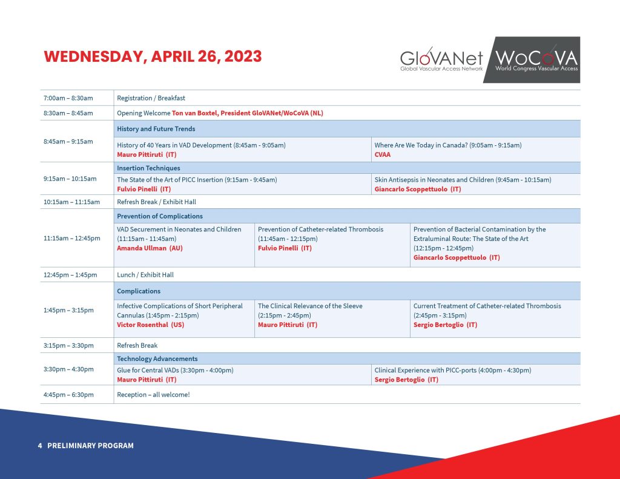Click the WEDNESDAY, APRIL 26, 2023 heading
point(153,57)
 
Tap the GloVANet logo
point(441,59)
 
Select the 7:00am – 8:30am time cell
point(68,98)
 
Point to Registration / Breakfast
point(151,98)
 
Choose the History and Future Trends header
point(156,129)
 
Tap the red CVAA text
point(383,154)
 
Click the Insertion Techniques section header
point(148,168)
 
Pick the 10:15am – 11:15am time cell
point(71,202)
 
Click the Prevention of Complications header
point(159,216)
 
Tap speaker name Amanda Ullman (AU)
point(150,248)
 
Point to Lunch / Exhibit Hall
point(145,275)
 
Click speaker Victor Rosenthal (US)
point(150,325)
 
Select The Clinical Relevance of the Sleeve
point(310,306)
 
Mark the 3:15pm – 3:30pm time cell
point(68,345)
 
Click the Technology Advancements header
point(157,358)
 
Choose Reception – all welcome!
point(153,395)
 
